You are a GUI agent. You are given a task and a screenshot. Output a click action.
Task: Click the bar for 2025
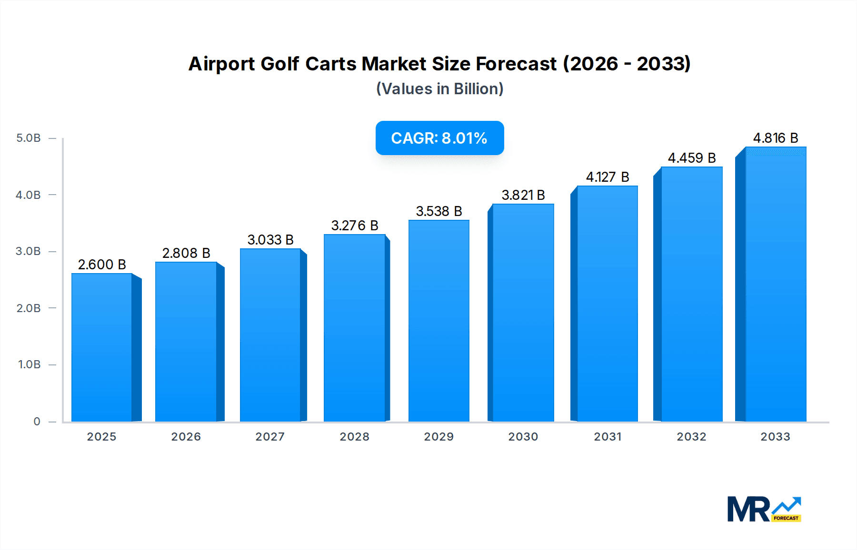tap(102, 347)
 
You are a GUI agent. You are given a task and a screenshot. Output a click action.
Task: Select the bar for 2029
tap(439, 321)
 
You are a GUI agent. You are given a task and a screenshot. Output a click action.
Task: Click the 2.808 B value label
tap(186, 253)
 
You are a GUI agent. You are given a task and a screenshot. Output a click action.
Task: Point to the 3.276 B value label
tap(355, 226)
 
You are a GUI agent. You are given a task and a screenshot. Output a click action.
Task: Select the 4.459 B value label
tap(692, 158)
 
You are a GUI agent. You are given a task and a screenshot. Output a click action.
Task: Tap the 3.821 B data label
tap(523, 195)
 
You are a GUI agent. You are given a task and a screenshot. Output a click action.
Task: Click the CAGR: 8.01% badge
tap(439, 138)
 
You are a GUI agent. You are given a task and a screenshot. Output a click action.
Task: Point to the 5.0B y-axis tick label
tap(29, 138)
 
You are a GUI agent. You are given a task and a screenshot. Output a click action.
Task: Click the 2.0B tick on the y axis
tap(29, 308)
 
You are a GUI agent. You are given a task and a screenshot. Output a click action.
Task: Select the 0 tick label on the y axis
tap(37, 422)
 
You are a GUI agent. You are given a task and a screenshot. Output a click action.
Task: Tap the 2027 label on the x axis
tap(270, 437)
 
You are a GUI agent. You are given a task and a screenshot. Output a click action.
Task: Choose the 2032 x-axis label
tap(691, 437)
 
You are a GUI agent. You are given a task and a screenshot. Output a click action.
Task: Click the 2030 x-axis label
tap(523, 437)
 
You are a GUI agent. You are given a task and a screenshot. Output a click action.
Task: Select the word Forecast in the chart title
tap(516, 64)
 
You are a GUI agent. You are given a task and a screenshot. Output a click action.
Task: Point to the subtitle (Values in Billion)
tap(439, 89)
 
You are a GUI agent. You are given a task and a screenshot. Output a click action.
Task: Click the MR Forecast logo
tap(764, 509)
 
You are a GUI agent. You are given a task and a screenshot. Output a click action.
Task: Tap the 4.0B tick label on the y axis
tap(29, 195)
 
